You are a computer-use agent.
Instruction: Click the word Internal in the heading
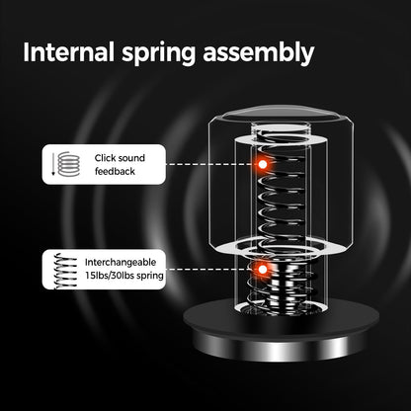pyautogui.click(x=68, y=52)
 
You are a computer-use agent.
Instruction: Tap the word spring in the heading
pyautogui.click(x=159, y=54)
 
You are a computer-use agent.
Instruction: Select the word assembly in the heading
pyautogui.click(x=259, y=53)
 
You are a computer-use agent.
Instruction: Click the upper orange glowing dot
pyautogui.click(x=263, y=164)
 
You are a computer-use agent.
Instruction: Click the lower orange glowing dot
pyautogui.click(x=263, y=270)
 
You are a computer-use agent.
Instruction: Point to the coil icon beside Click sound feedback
pyautogui.click(x=69, y=164)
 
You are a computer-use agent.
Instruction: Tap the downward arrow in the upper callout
pyautogui.click(x=53, y=164)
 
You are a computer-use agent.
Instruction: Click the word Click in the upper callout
pyautogui.click(x=105, y=158)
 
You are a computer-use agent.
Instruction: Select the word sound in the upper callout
pyautogui.click(x=130, y=158)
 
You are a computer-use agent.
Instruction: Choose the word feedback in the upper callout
pyautogui.click(x=115, y=171)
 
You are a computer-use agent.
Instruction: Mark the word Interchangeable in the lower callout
pyautogui.click(x=121, y=262)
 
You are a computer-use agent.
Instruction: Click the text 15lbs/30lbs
pyautogui.click(x=110, y=276)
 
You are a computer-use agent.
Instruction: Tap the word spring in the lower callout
pyautogui.click(x=150, y=276)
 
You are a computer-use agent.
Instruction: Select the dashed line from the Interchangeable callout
pyautogui.click(x=210, y=270)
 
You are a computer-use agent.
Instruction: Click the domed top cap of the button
pyautogui.click(x=280, y=115)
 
